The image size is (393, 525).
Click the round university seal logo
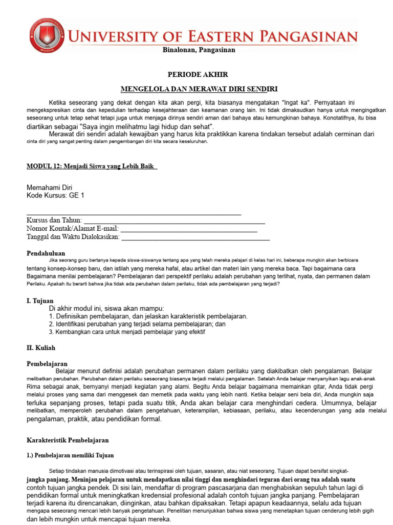(47, 37)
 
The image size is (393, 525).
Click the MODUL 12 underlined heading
(92, 167)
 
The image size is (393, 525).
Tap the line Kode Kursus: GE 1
(55, 195)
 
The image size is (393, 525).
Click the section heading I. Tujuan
(40, 300)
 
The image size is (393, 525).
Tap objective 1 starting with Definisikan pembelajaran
(148, 316)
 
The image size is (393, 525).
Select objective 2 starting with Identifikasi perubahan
(137, 324)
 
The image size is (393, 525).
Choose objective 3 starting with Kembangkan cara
(127, 332)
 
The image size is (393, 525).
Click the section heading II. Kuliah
(41, 348)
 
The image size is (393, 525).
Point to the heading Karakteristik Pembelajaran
(68, 440)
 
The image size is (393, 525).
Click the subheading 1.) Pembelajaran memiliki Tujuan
(70, 455)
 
